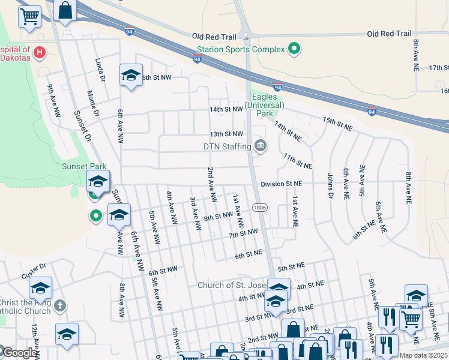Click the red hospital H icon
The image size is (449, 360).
[x=40, y=53]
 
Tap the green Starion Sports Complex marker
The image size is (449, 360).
[x=294, y=49]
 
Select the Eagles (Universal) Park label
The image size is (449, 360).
[x=264, y=105]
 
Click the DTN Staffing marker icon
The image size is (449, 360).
[x=261, y=145]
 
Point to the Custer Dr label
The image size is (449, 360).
[x=34, y=266]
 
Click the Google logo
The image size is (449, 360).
[x=19, y=353]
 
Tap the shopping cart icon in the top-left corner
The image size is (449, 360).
[x=29, y=17]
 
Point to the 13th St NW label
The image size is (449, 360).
[x=226, y=134]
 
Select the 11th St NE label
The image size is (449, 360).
[x=298, y=161]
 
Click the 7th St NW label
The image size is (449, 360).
[x=243, y=233]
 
